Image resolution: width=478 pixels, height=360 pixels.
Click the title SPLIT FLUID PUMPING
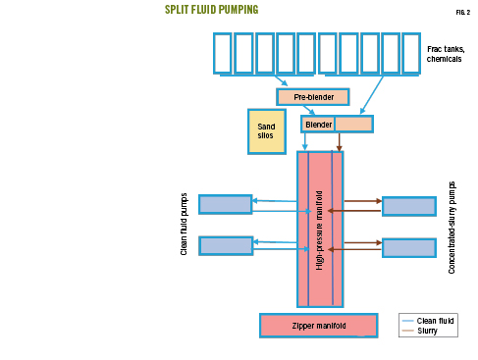211,10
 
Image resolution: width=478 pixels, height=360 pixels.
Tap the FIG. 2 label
462,11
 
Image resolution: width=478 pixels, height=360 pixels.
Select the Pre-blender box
312,96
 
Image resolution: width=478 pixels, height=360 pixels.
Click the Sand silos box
266,130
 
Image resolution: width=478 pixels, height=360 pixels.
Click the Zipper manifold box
318,325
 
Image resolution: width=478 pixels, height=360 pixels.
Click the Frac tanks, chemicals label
446,54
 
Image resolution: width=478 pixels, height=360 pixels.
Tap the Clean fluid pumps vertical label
184,224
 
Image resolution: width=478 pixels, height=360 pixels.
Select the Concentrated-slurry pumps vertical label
452,226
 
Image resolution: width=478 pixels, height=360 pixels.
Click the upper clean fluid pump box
225,204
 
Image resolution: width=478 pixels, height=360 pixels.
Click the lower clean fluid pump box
225,245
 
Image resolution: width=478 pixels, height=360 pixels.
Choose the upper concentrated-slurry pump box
408,206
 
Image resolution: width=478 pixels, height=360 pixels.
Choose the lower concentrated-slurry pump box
408,247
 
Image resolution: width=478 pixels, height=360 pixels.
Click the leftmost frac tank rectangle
222,53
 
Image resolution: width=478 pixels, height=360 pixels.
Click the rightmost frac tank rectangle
411,53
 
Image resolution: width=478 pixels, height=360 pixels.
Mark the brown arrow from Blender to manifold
340,141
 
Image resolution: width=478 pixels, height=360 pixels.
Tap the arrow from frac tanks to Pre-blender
281,80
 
